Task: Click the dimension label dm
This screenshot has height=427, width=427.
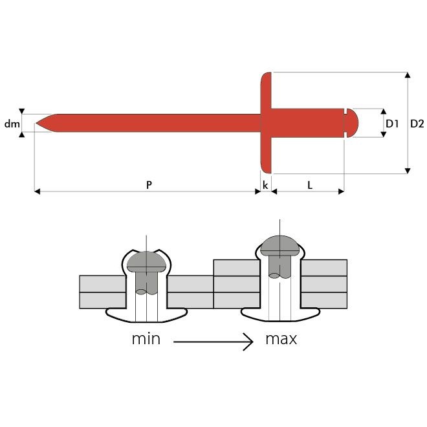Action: coord(12,124)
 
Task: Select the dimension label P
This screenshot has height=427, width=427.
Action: coord(149,185)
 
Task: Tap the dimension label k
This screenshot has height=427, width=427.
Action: coord(265,185)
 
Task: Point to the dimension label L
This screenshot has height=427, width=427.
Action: coord(310,186)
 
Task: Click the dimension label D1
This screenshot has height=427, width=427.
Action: coord(392,124)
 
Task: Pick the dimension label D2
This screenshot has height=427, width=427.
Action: coord(417,124)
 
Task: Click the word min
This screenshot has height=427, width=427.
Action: coord(146,339)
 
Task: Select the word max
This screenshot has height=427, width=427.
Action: coord(281,339)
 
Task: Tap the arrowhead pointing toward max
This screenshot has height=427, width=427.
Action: coord(248,342)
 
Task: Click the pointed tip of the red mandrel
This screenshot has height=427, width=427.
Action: coord(36,123)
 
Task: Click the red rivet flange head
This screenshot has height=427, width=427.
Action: coord(266,123)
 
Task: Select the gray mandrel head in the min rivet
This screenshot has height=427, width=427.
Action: coord(146,262)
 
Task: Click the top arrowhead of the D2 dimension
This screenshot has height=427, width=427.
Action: coord(408,75)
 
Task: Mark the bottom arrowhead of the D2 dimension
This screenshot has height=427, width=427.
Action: coord(408,171)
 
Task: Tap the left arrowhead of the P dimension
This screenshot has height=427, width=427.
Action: coord(38,192)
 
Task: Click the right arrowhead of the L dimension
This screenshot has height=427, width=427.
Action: coord(341,192)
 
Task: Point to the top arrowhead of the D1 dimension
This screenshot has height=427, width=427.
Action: coord(384,111)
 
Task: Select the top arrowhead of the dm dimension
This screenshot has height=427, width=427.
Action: coord(22,111)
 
